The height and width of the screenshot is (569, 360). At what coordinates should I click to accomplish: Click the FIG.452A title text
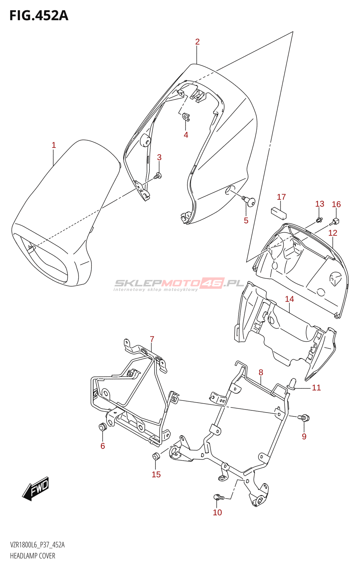tap(38, 16)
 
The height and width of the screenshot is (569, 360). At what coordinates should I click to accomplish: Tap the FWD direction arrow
tap(36, 488)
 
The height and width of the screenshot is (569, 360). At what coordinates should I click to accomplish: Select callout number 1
tap(54, 145)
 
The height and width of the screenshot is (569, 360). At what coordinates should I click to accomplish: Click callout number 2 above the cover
tap(197, 42)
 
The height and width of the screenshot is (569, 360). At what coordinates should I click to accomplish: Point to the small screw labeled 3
tap(158, 175)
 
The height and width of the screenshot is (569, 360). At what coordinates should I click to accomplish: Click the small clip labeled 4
tap(186, 117)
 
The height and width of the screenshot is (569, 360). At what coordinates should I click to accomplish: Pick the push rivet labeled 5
tap(250, 202)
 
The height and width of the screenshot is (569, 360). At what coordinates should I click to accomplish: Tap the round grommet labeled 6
tap(102, 426)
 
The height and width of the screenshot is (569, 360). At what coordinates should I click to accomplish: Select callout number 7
tap(152, 339)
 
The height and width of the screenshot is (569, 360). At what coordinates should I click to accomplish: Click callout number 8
tap(261, 372)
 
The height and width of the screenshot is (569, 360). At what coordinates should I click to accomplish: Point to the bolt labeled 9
tap(304, 418)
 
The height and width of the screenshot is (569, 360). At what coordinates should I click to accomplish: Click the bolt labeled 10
tap(217, 497)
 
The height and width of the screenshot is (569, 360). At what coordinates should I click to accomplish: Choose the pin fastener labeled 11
tap(293, 384)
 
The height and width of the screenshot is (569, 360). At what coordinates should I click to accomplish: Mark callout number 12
tap(333, 233)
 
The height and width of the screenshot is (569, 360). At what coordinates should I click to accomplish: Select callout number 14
tap(290, 299)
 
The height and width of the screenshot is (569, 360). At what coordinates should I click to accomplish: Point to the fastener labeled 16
tap(335, 222)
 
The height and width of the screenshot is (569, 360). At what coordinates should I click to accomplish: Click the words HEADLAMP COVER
tap(33, 556)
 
